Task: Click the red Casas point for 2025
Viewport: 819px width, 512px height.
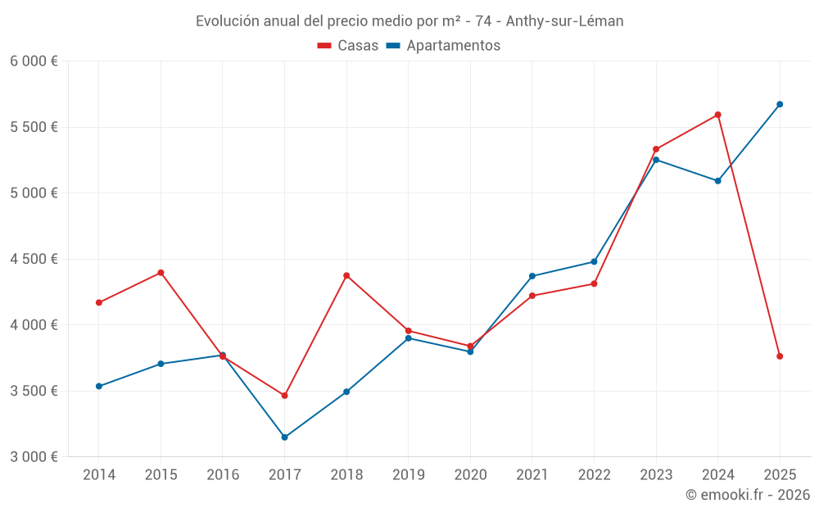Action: (780, 356)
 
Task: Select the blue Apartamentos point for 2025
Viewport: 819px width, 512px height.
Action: (780, 104)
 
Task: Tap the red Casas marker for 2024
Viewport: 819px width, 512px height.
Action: (717, 115)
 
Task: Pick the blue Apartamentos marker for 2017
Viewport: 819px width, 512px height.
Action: (284, 437)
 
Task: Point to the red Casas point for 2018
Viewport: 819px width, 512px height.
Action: (346, 275)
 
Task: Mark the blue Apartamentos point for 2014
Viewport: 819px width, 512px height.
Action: (99, 386)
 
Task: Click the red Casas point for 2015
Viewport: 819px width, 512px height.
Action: (161, 273)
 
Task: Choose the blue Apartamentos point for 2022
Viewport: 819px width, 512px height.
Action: (594, 261)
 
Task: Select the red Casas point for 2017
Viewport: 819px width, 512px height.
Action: (284, 396)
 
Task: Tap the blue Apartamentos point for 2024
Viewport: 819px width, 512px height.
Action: (717, 181)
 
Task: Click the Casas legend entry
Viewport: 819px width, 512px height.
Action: (348, 46)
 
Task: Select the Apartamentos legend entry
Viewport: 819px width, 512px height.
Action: (443, 46)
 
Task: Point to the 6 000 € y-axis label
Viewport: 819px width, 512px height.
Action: (34, 61)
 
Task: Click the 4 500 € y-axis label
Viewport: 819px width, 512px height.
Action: (34, 259)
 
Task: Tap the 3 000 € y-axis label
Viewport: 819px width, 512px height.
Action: (34, 457)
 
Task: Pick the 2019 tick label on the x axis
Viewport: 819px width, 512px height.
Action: (409, 475)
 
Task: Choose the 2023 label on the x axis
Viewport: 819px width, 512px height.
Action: (656, 475)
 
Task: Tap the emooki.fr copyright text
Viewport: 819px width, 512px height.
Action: (748, 495)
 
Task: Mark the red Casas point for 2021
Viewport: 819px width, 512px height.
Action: (532, 296)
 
